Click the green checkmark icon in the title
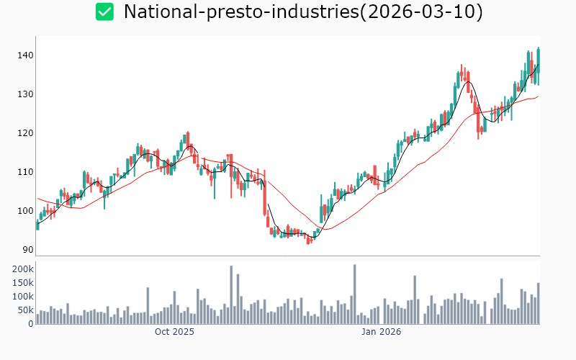pos(105,12)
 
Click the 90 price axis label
pos(27,250)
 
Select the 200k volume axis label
pos(22,269)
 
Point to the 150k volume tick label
pos(22,282)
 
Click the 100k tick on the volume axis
pos(22,296)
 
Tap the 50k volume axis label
pos(24,310)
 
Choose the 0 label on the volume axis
pos(30,323)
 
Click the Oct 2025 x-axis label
pos(175,332)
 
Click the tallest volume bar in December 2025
pos(355,294)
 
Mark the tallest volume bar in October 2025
pos(231,295)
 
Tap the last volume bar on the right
pos(538,303)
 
